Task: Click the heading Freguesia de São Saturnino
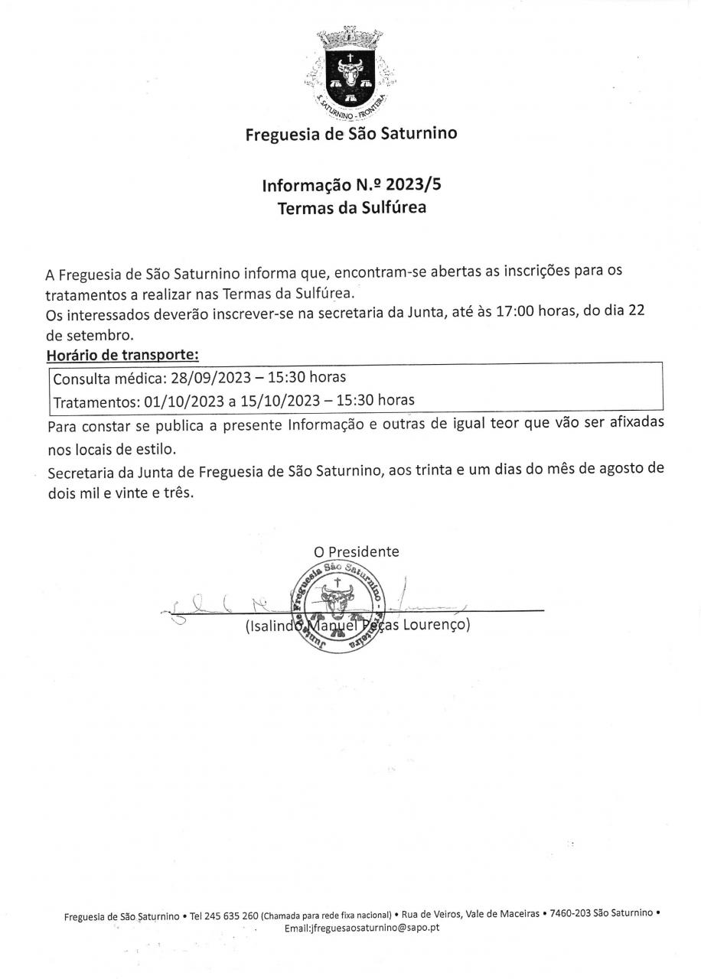coord(350,135)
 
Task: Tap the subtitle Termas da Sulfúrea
coord(350,207)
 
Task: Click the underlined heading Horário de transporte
coord(122,355)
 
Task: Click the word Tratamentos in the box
coord(95,400)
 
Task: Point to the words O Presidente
coord(356,551)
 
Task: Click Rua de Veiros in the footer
coord(431,913)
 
